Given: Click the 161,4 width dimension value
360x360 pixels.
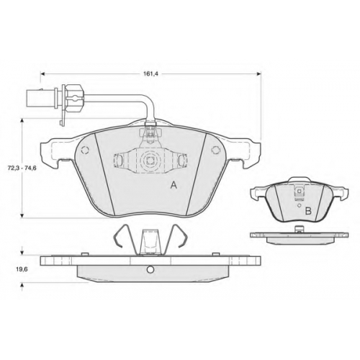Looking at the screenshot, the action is coord(151,73).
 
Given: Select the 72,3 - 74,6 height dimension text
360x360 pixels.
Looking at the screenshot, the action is coord(22,168).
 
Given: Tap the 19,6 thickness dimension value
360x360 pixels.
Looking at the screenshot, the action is coord(22,269).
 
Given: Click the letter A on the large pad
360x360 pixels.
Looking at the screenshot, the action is coord(174,185).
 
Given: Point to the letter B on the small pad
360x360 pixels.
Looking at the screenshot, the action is coord(308,211).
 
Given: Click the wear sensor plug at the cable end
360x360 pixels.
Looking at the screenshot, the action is coord(35,99).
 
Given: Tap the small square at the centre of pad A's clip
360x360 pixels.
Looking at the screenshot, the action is coord(150,161).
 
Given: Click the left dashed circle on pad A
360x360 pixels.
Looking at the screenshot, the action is coord(85,150).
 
